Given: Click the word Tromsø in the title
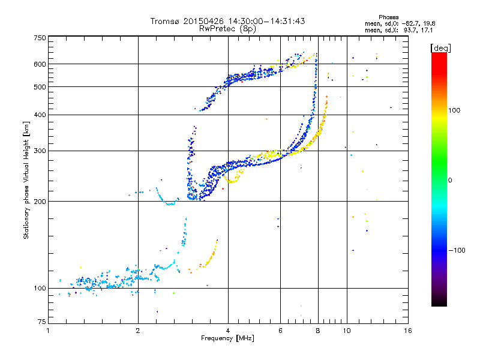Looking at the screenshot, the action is click(x=165, y=22).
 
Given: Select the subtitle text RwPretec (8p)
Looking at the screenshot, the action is click(x=227, y=29).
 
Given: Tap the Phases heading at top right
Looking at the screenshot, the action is click(x=388, y=17).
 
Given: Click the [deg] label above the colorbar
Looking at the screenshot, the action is click(x=440, y=48).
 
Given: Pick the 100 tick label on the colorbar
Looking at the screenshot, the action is click(x=454, y=110).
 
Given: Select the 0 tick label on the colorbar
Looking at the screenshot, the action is click(x=450, y=181).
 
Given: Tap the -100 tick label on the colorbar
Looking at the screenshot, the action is click(x=457, y=250).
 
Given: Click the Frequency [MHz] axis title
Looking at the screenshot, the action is click(x=227, y=338).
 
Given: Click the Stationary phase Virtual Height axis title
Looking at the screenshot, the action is click(x=26, y=181).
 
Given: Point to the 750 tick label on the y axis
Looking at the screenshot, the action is click(x=40, y=38).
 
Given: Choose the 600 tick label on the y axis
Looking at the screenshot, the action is click(x=40, y=64).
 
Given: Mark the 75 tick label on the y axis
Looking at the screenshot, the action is click(x=42, y=322).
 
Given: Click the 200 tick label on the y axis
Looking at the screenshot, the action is click(x=40, y=202).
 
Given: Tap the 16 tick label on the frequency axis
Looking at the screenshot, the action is click(x=408, y=331).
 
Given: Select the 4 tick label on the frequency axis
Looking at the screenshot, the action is click(x=228, y=331).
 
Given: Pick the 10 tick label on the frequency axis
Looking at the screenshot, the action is click(x=347, y=331).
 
